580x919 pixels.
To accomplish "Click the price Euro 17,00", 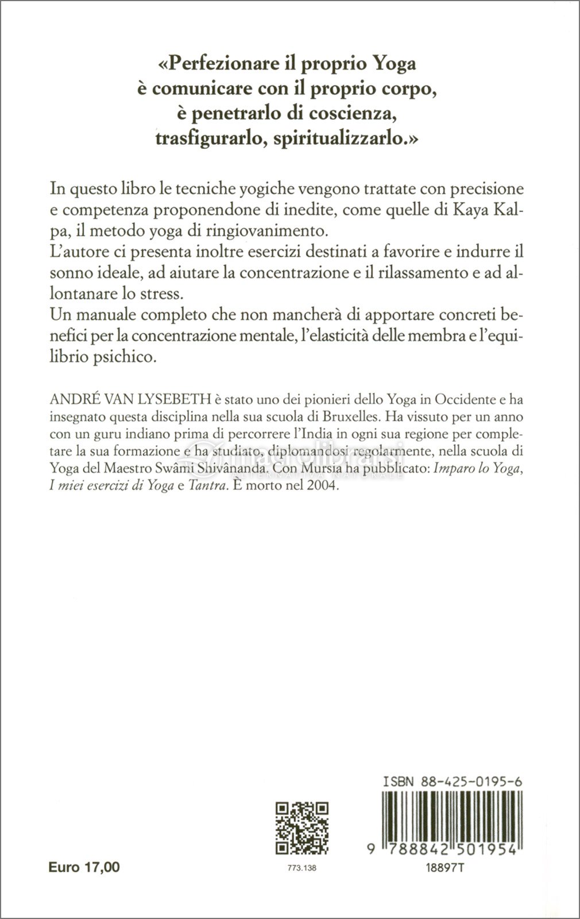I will click(x=84, y=867).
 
